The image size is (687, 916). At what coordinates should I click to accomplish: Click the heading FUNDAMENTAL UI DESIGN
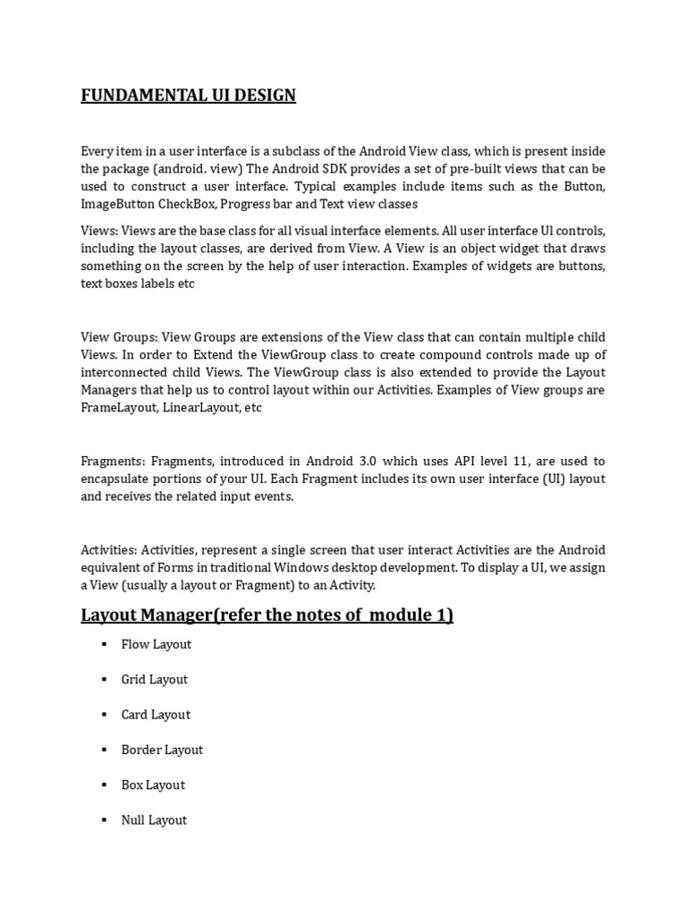pos(188,95)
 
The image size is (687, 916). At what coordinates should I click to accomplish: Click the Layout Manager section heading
pos(267,615)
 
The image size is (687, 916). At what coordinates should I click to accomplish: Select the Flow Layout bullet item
pos(156,644)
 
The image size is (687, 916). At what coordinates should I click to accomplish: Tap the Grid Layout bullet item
pos(155,679)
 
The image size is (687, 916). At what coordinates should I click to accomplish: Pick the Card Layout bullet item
pos(156,715)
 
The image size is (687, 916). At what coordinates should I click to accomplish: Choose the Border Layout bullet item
pos(162,750)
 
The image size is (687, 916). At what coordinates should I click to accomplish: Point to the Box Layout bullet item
pos(153,785)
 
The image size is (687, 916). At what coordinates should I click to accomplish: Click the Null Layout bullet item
pos(154,819)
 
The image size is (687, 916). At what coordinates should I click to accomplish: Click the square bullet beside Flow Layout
pos(104,644)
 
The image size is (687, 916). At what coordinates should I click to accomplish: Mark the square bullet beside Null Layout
pos(104,819)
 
